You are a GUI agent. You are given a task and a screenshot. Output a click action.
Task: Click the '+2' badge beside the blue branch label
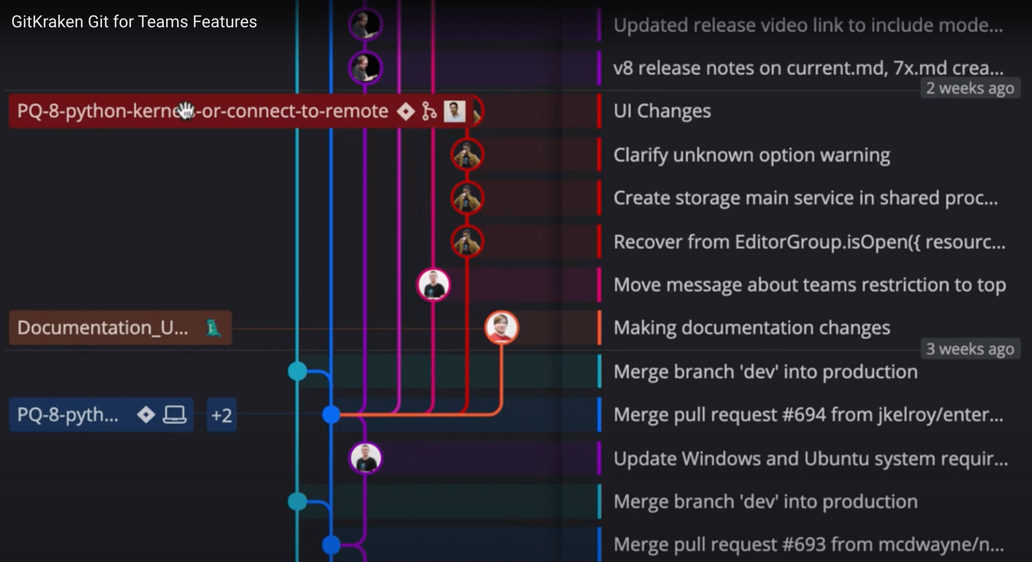point(222,415)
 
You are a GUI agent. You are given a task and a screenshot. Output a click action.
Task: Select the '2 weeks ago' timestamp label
point(970,88)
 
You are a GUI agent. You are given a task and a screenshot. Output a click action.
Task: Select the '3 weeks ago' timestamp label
point(970,348)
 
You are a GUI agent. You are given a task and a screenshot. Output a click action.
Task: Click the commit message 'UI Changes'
point(662,111)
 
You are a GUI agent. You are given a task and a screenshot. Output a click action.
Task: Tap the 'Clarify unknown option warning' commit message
point(751,155)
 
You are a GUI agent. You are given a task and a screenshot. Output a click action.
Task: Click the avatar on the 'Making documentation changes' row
point(501,327)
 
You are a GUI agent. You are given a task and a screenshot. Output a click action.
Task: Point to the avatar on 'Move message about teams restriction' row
point(433,285)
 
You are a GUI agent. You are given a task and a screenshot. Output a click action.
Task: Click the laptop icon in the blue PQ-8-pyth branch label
point(174,414)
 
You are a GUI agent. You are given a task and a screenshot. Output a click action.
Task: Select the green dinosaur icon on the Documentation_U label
point(214,328)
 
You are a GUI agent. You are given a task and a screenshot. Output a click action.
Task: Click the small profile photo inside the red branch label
point(454,111)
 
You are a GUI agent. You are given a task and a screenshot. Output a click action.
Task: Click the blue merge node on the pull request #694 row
point(331,414)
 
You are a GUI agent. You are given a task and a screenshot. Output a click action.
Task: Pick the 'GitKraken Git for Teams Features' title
point(134,22)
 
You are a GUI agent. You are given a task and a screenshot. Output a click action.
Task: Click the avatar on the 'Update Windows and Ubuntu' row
point(365,458)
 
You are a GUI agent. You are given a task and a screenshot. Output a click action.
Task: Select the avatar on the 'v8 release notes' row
point(365,67)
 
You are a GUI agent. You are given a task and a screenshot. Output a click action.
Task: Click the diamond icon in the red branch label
point(406,111)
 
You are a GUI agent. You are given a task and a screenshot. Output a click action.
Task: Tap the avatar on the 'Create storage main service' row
point(467,198)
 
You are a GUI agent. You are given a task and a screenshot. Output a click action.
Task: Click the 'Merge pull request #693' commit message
point(808,544)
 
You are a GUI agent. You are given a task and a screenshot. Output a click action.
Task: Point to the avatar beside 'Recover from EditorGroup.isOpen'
point(467,242)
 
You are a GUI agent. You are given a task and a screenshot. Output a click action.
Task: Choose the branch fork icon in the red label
point(429,111)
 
